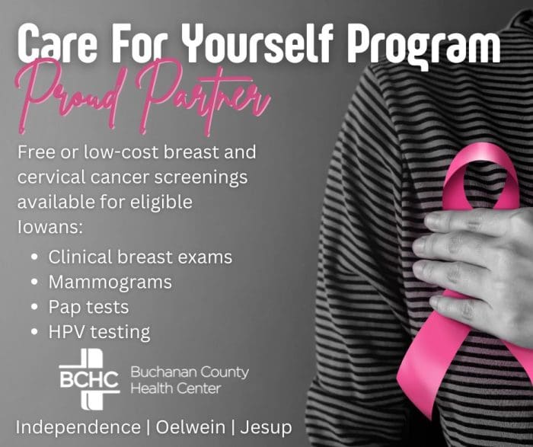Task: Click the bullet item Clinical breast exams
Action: pos(140,257)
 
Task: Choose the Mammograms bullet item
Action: pos(110,282)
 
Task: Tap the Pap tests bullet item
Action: pos(88,307)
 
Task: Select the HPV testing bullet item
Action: pos(99,332)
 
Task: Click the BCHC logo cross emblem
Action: pos(90,374)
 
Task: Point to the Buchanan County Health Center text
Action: pos(189,380)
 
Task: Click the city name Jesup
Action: pos(266,426)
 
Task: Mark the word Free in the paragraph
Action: pos(35,152)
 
